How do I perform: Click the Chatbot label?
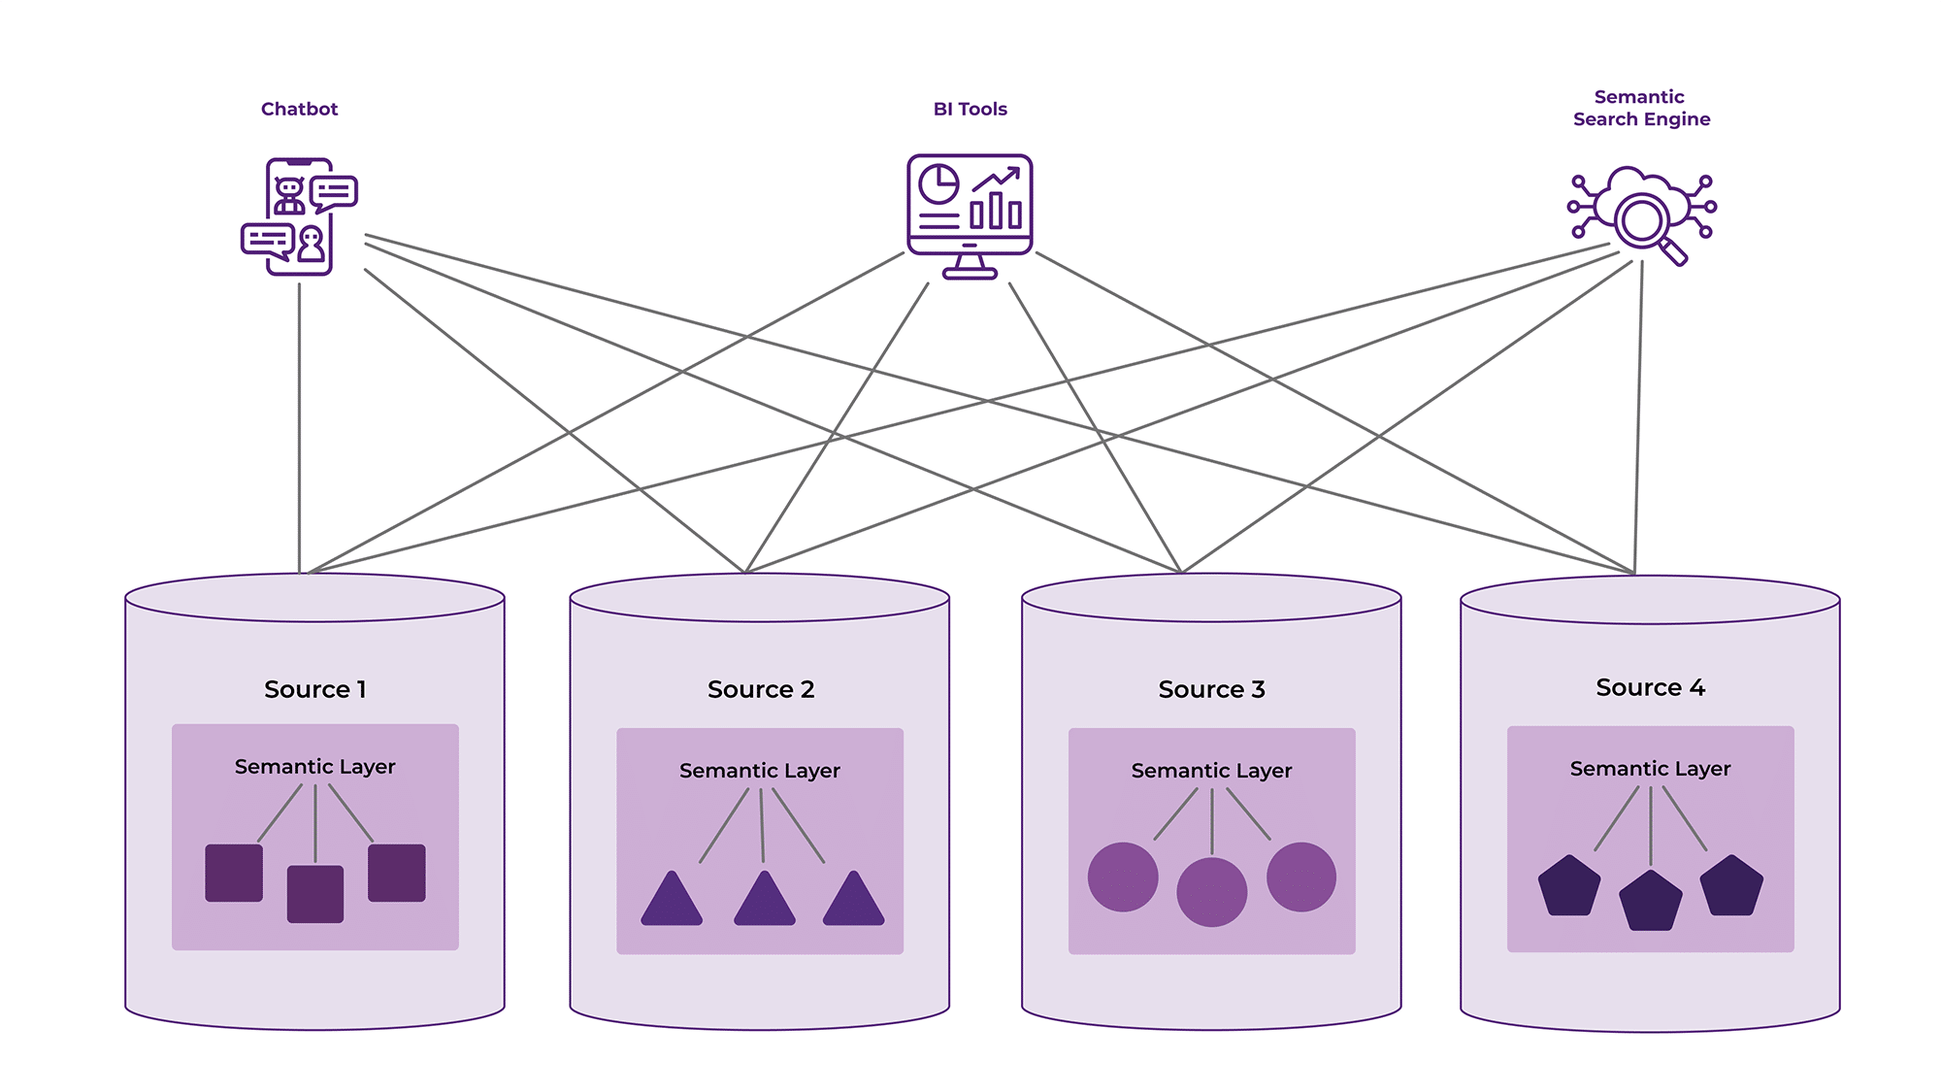[299, 109]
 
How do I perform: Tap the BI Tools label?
[970, 109]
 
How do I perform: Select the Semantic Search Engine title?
[1641, 108]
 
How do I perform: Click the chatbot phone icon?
[300, 217]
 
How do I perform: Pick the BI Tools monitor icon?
[970, 215]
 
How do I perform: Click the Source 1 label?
[314, 689]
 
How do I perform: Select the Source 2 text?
[760, 689]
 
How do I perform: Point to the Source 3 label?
[1211, 689]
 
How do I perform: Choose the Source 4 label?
[1650, 687]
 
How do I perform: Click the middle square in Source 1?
[315, 893]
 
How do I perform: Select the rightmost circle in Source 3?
[1300, 877]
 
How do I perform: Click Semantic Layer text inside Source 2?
[759, 771]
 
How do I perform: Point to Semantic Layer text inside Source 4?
[1650, 769]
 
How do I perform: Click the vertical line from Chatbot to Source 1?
[299, 427]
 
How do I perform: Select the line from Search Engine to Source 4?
[1638, 417]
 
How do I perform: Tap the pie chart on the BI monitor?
[938, 183]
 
